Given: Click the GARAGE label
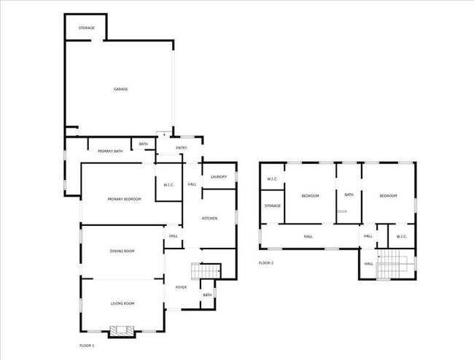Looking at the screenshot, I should pyautogui.click(x=120, y=89).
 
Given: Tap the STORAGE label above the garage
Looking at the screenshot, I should pyautogui.click(x=87, y=28).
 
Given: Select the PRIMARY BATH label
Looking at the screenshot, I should pyautogui.click(x=110, y=151).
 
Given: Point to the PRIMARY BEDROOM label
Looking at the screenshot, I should pyautogui.click(x=124, y=199).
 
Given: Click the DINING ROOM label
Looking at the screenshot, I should pyautogui.click(x=122, y=251).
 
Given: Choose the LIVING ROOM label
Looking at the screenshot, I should pyautogui.click(x=122, y=303).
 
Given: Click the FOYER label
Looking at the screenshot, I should pyautogui.click(x=181, y=287).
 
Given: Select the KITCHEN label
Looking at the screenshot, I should pyautogui.click(x=209, y=219).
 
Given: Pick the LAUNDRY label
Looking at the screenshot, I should pyautogui.click(x=219, y=176).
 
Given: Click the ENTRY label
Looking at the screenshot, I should pyautogui.click(x=182, y=148).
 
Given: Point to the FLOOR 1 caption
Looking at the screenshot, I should pyautogui.click(x=87, y=345).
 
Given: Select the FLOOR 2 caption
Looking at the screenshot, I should pyautogui.click(x=266, y=262).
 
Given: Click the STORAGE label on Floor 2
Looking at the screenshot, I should pyautogui.click(x=273, y=206).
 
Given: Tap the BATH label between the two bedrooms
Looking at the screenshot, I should pyautogui.click(x=349, y=195).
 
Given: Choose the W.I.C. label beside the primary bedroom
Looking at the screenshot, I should pyautogui.click(x=168, y=184).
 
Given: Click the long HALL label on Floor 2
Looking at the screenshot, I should pyautogui.click(x=308, y=236).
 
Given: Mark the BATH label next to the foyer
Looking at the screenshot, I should pyautogui.click(x=207, y=294).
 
